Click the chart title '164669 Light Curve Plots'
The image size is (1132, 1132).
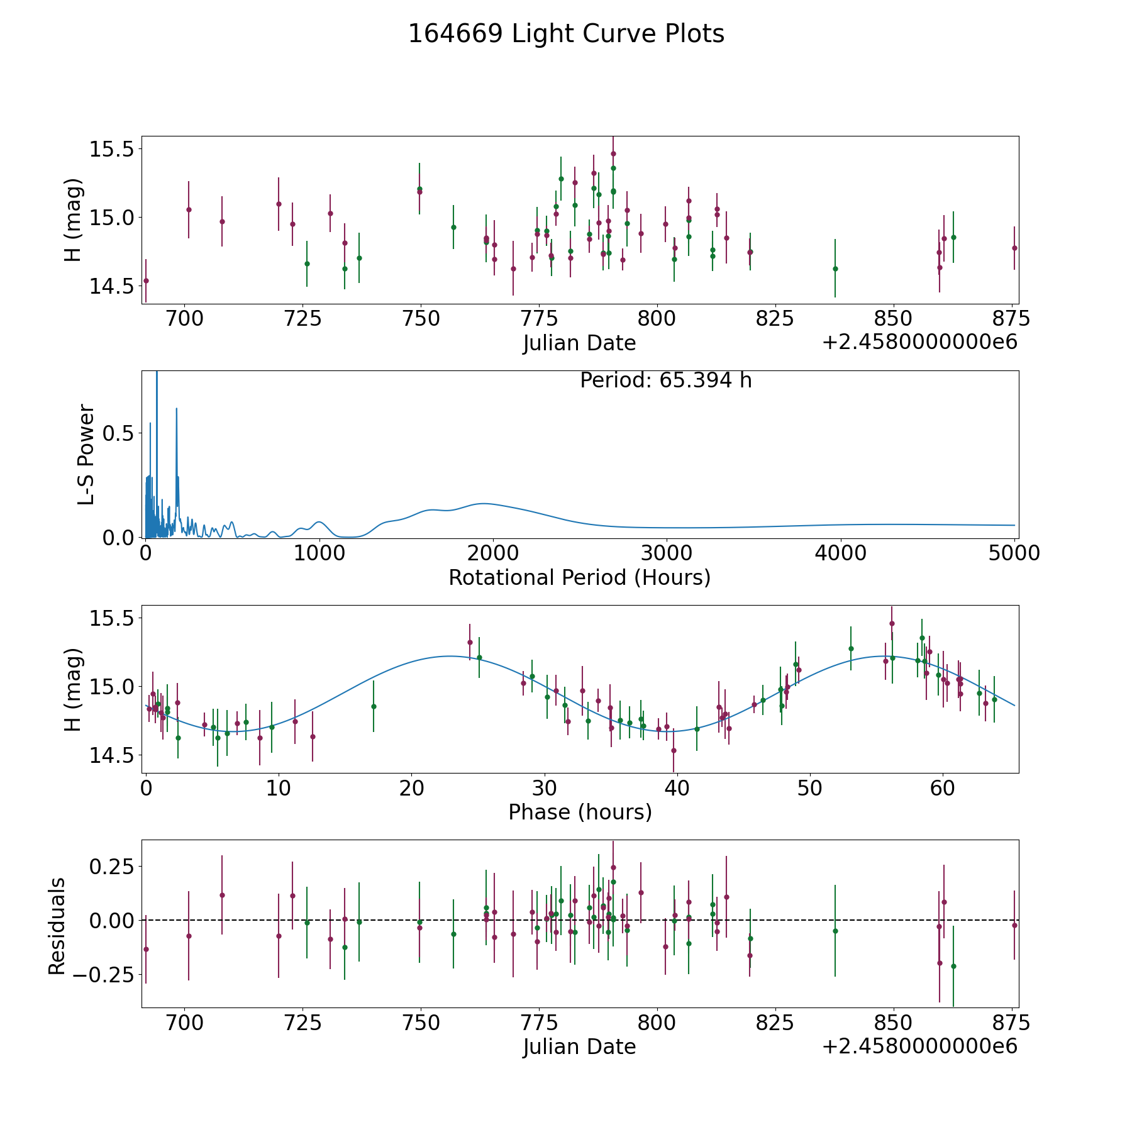click(566, 34)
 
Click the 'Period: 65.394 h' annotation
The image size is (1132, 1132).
click(665, 380)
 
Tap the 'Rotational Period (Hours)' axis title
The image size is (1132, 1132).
click(579, 577)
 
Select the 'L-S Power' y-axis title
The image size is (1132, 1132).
click(86, 454)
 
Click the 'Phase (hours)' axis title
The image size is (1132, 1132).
click(580, 812)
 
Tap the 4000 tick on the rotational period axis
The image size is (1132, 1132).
click(840, 553)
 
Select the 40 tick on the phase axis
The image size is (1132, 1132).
click(677, 788)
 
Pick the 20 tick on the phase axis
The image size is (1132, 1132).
click(411, 788)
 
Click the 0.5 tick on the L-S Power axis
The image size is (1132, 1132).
click(119, 433)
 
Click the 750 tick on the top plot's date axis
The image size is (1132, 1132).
click(420, 319)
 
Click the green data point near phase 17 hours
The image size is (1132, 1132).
click(374, 706)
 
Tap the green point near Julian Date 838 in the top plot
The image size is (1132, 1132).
click(835, 269)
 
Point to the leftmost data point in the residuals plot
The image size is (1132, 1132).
click(146, 949)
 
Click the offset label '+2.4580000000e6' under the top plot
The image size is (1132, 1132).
click(919, 343)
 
